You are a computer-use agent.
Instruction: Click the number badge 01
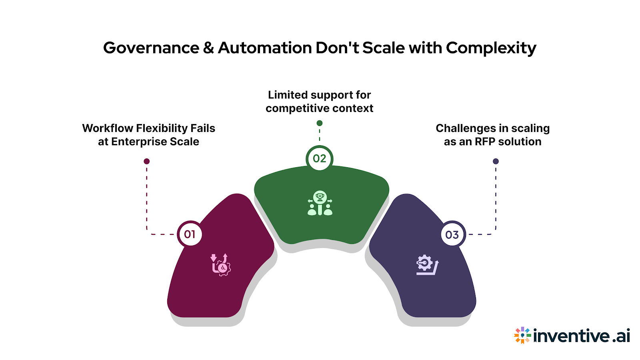[190, 234]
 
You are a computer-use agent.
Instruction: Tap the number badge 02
[319, 158]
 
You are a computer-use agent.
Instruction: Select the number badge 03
[452, 235]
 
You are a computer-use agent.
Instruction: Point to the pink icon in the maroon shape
[221, 265]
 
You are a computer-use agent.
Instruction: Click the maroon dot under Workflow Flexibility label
[147, 161]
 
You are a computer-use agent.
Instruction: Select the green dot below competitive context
[319, 123]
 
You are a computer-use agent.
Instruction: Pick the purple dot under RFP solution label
[496, 161]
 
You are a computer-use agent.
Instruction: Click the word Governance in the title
[151, 48]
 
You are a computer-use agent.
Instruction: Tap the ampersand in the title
[208, 48]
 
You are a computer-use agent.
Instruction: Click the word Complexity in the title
[491, 48]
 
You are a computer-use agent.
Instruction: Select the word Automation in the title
[265, 48]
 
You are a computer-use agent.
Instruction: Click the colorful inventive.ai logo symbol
[522, 335]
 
